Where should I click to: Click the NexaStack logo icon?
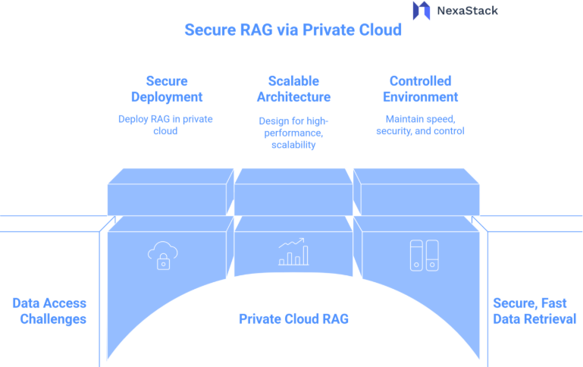421,11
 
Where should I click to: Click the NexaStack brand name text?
467,11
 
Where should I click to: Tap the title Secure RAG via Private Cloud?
293,30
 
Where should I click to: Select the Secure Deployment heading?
167,89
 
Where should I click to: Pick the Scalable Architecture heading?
293,89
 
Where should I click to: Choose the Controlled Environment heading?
420,89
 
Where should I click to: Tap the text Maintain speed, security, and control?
420,124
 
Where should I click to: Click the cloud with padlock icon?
161,255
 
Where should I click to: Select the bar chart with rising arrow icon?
293,253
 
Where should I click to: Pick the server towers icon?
424,255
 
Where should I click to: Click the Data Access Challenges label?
49,311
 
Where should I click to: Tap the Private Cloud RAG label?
293,319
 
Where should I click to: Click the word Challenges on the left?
53,319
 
